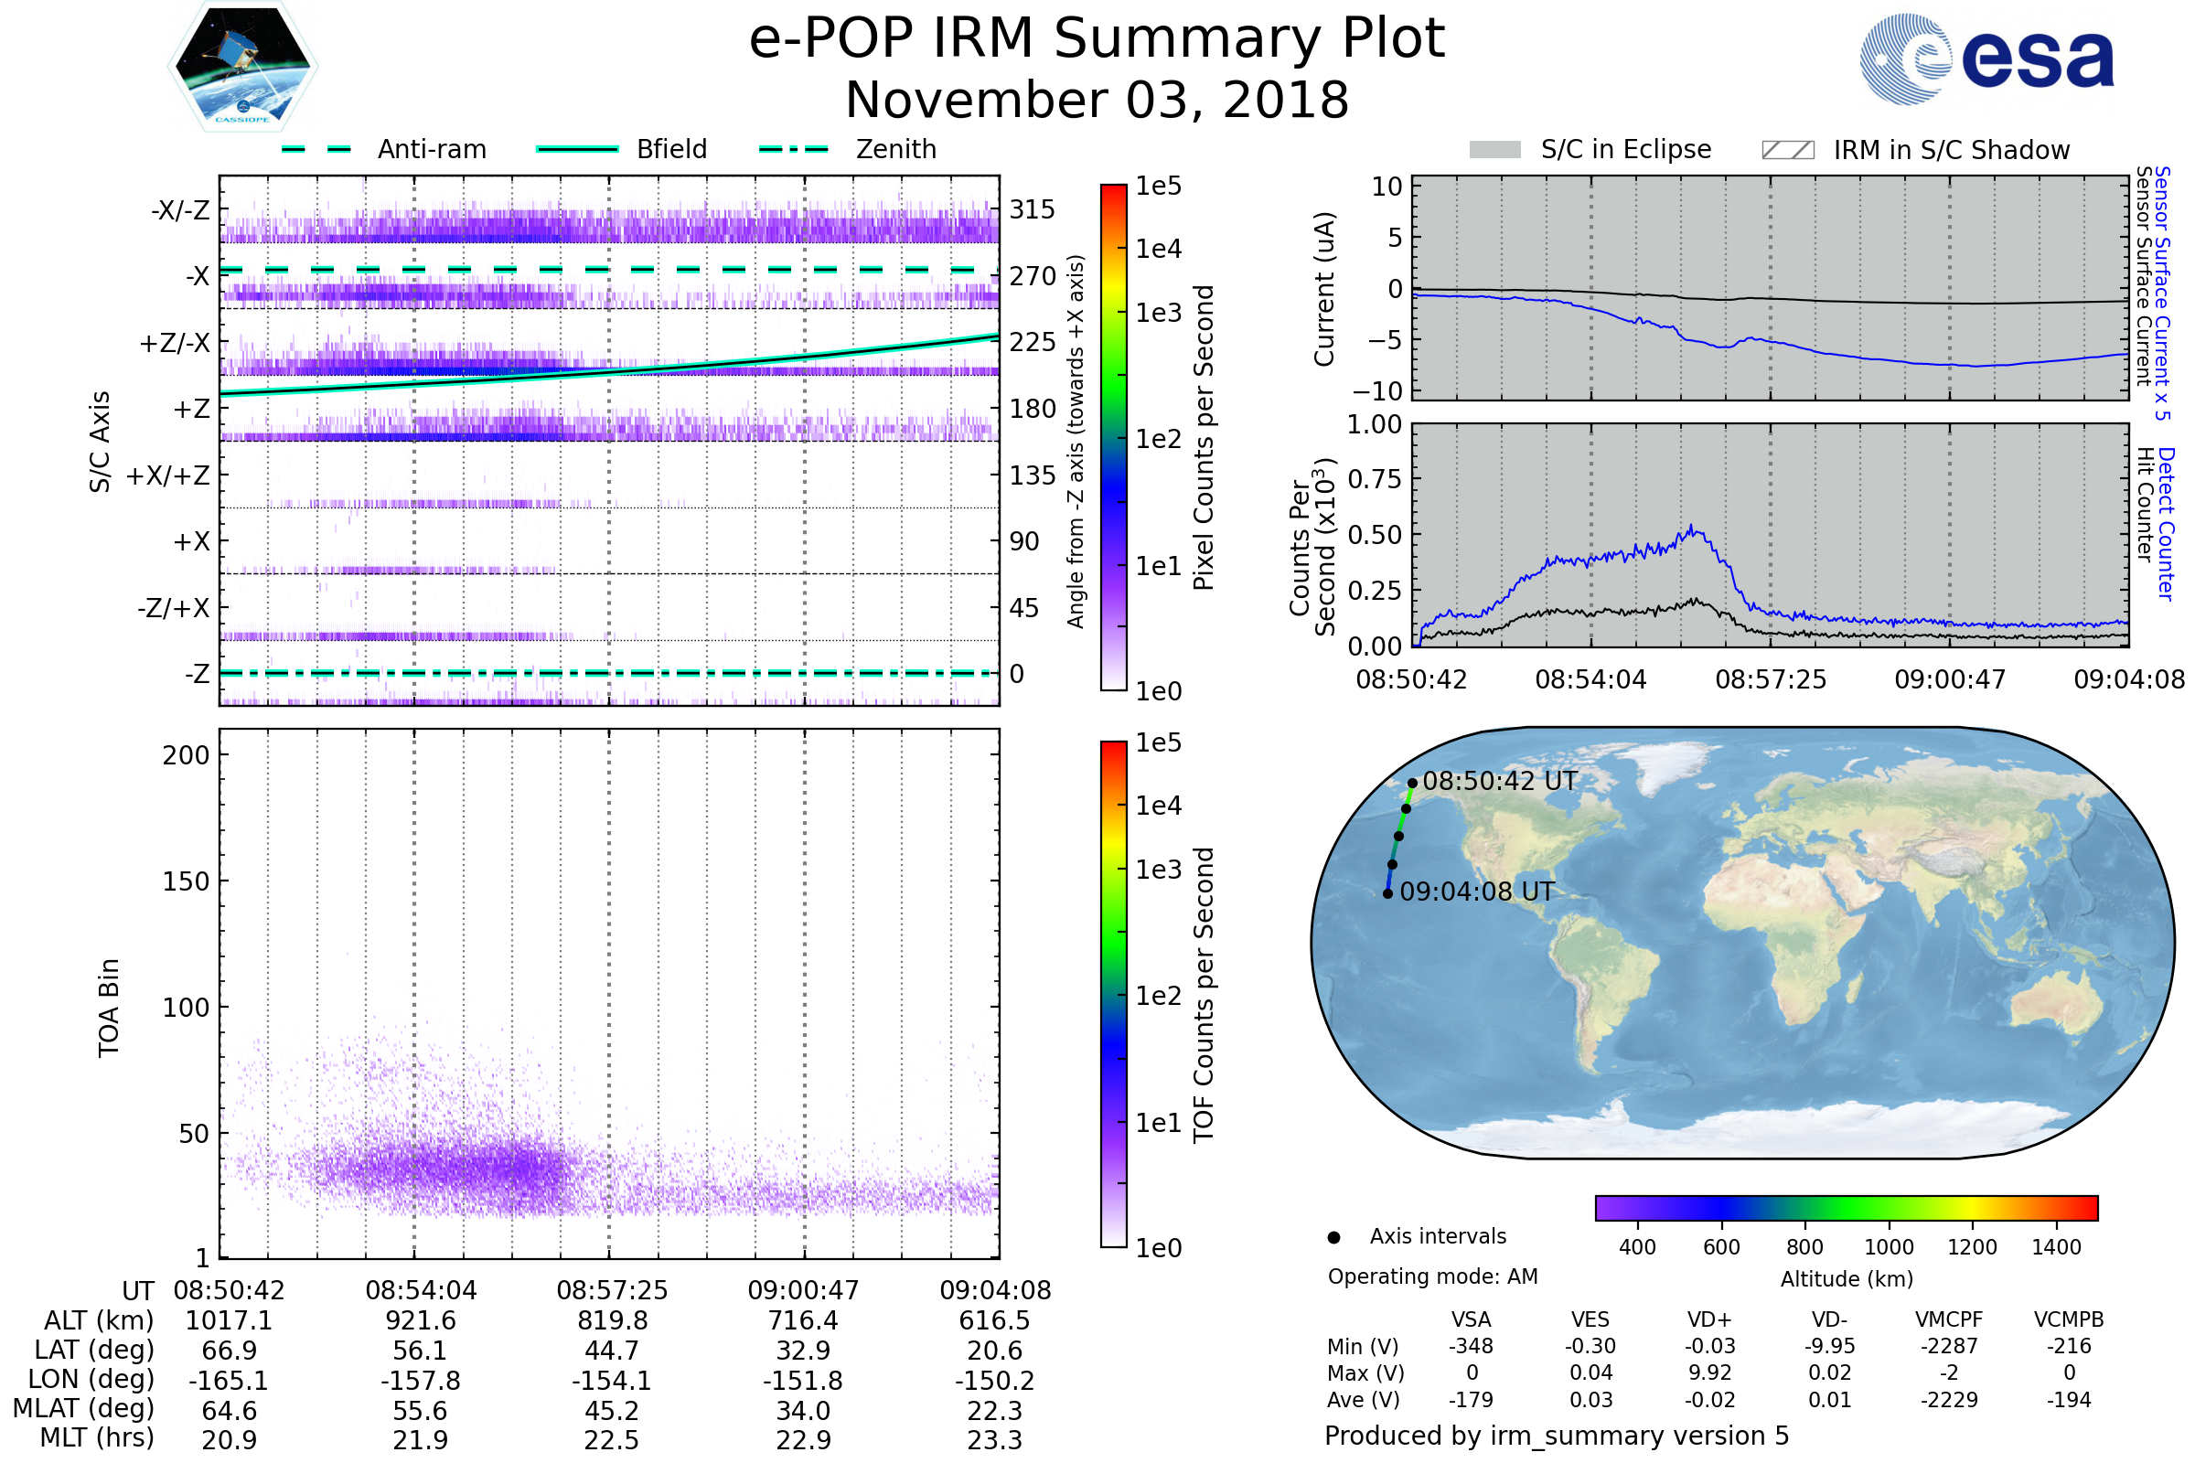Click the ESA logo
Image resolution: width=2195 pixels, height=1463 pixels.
point(1987,59)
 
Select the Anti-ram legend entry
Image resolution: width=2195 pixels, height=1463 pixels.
point(384,149)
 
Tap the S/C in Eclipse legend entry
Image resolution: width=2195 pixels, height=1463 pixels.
point(1590,149)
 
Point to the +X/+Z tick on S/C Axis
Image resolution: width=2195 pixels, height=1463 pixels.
point(168,475)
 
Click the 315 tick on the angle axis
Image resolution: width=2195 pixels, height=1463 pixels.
point(1033,209)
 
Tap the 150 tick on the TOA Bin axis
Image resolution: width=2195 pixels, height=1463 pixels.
point(186,881)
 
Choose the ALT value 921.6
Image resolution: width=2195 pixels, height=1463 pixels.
point(421,1321)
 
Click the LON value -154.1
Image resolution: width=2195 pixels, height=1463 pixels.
point(611,1381)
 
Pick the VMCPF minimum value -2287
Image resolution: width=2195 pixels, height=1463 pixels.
point(1949,1346)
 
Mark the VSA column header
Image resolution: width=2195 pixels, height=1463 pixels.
point(1471,1320)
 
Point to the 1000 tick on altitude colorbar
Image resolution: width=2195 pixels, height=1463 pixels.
point(1889,1247)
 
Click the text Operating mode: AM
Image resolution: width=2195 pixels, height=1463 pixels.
point(1432,1276)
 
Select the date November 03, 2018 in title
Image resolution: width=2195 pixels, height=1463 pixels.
point(1097,101)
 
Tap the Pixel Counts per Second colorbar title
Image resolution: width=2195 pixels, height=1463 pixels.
point(1204,438)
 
